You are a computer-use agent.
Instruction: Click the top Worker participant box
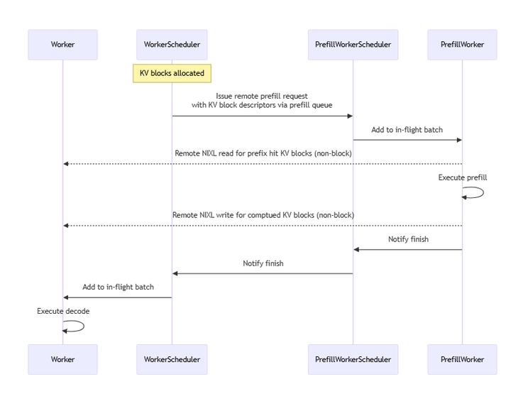62,45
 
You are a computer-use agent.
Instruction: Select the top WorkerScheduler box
172,45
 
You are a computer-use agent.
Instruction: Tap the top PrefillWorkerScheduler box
353,45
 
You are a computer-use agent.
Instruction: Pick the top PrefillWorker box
462,45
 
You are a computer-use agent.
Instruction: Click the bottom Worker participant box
62,359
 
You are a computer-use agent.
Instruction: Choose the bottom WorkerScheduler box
172,359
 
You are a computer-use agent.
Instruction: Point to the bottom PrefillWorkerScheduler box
353,359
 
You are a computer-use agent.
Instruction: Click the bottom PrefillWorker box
462,359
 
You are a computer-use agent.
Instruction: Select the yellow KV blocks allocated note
172,73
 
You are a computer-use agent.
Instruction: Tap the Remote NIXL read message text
263,153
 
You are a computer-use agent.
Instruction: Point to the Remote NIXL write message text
263,215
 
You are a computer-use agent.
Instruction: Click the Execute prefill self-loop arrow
483,192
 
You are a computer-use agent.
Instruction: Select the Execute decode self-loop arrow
84,327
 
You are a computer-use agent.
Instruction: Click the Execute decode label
63,311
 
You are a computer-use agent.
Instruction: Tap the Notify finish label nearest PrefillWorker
408,239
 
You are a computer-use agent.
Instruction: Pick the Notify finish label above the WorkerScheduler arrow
263,263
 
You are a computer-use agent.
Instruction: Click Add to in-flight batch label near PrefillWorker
407,130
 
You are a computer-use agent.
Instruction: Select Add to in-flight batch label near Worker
118,287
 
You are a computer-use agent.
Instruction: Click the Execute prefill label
463,177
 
